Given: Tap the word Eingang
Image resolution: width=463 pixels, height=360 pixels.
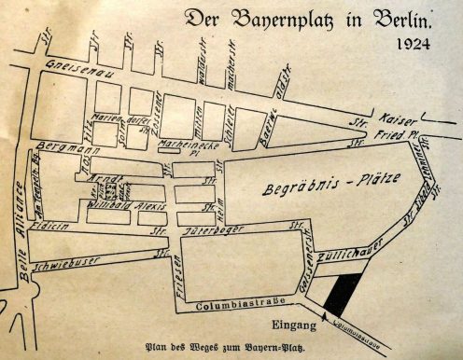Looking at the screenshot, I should pyautogui.click(x=288, y=325).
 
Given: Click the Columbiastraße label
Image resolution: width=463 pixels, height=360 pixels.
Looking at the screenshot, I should pyautogui.click(x=235, y=305).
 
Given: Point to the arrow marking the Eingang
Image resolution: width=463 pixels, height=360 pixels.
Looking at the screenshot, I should pyautogui.click(x=324, y=317).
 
